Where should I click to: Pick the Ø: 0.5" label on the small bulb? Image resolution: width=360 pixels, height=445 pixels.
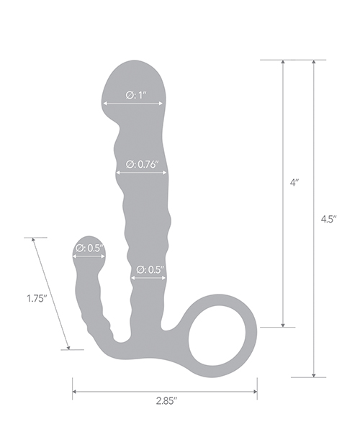point(89,248)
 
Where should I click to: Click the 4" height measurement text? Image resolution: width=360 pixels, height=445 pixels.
point(294,184)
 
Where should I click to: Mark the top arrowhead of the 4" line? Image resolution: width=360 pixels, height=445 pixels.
point(284,63)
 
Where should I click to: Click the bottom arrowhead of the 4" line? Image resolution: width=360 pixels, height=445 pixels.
point(284,324)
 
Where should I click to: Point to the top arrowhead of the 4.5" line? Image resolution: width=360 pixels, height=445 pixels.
point(314,63)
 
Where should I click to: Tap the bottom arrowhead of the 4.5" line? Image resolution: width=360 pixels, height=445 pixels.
point(314,374)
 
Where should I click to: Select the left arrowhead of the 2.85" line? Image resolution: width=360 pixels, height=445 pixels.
point(75,392)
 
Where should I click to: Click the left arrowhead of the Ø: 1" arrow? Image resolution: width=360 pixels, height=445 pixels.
point(106,104)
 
